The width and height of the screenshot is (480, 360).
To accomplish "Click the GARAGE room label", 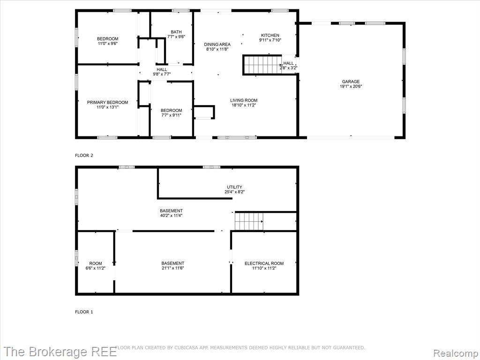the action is tap(351, 82).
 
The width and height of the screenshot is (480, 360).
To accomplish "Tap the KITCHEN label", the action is tap(270, 35).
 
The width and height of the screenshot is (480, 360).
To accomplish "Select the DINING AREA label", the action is tap(217, 45).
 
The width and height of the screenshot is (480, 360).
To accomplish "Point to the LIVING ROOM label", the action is tap(244, 100).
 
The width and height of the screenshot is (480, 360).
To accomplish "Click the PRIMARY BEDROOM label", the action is tap(107, 102).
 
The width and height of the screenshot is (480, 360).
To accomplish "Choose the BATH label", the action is tap(176, 32).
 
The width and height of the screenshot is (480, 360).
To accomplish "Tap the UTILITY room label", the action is tap(234, 187).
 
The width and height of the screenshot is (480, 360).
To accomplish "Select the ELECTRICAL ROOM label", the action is tap(264, 263).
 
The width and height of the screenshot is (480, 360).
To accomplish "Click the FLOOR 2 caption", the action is tap(84, 156).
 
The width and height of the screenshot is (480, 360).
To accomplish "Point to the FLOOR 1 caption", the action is tap(84, 312).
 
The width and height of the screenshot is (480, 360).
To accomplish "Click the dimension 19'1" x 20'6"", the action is tap(351, 86).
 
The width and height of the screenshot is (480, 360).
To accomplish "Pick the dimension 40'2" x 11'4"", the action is tap(171, 216).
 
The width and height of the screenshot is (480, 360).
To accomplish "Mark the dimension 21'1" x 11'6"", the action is tap(172, 268).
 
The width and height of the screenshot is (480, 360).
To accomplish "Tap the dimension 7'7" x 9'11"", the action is tap(172, 115).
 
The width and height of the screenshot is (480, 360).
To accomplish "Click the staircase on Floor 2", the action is tap(262, 65).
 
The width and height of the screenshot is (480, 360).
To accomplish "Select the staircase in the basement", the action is tap(249, 221).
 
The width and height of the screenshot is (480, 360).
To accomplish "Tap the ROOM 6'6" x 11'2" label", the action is tap(96, 266).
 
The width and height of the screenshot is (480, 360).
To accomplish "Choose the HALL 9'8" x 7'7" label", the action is tap(162, 72).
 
